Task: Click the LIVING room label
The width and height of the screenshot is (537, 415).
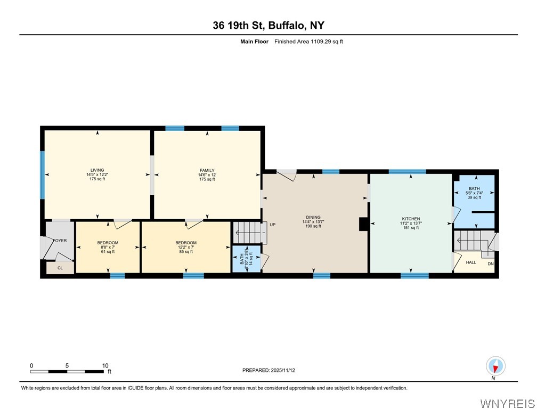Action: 97,170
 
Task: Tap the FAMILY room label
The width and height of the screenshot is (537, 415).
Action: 207,170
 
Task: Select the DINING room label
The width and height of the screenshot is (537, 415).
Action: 313,217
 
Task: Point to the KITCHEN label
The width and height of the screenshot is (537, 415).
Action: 411,219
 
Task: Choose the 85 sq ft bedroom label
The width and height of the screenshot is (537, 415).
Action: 186,243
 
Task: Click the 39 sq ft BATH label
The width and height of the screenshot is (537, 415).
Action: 474,189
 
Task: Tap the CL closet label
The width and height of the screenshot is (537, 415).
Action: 60,268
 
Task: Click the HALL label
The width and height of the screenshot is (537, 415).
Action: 471,262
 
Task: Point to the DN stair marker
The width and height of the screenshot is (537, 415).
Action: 490,264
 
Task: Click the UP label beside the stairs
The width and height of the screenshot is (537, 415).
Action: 272,225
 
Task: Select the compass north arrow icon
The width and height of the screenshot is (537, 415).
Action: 495,366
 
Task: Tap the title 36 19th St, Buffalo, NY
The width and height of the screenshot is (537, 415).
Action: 268,25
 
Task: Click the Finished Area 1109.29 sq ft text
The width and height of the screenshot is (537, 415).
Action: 308,41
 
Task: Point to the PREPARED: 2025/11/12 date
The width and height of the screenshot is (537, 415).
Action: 268,370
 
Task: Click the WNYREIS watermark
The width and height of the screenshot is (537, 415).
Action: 507,403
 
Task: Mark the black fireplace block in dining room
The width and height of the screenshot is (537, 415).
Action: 363,225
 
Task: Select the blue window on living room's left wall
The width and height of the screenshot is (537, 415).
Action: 42,174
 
